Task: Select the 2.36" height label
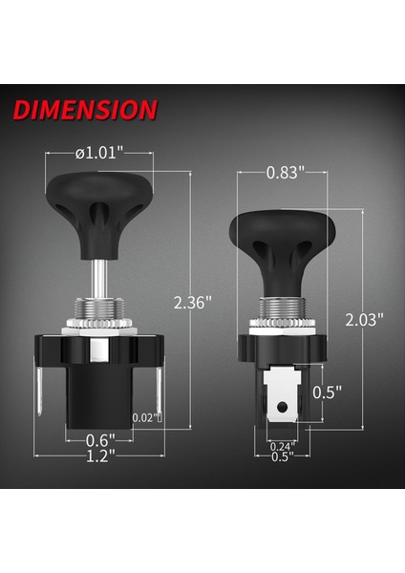point(192,301)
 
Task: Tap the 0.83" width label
point(286,172)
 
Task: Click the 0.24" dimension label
point(283,444)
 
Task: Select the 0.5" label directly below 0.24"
point(283,456)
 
